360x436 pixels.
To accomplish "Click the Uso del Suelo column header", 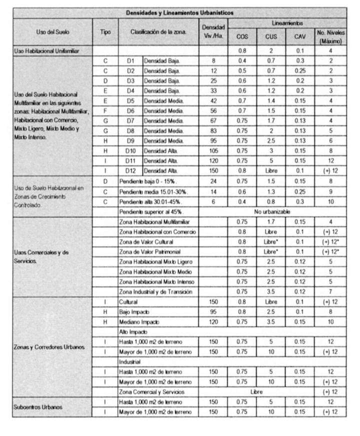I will point(52,32).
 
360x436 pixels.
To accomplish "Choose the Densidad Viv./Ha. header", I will point(213,32).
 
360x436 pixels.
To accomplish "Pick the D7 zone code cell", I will point(131,121).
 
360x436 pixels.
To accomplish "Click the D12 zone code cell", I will point(131,171).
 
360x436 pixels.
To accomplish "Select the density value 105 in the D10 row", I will point(213,151).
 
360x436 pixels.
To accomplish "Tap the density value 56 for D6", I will point(213,111).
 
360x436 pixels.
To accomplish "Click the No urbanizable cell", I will point(271,212).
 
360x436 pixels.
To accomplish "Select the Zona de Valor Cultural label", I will point(149,242).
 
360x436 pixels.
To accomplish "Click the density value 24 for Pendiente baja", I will point(213,181).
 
